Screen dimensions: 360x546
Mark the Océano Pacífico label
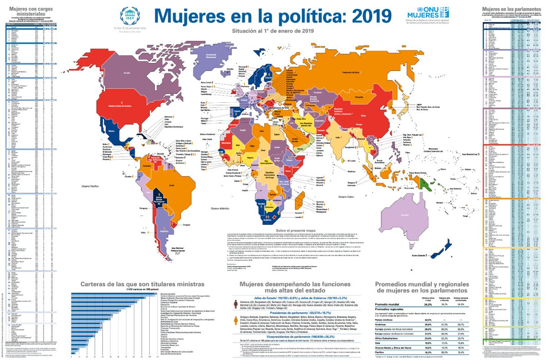click(90, 187)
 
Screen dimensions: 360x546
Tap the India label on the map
click(338, 137)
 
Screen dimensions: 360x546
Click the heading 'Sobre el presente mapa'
click(291, 230)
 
